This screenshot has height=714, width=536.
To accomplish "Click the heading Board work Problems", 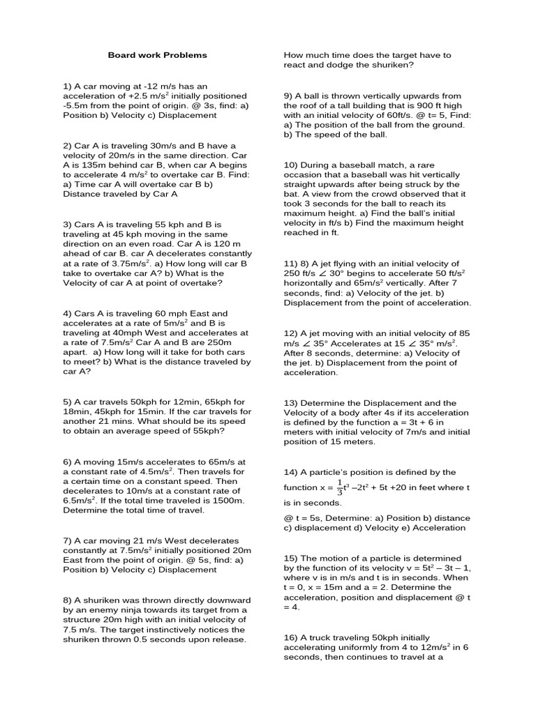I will (157, 55).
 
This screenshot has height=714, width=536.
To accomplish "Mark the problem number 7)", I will (68, 540).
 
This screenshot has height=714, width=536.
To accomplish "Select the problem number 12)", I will (291, 333).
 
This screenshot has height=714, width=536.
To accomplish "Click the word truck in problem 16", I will (323, 637).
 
